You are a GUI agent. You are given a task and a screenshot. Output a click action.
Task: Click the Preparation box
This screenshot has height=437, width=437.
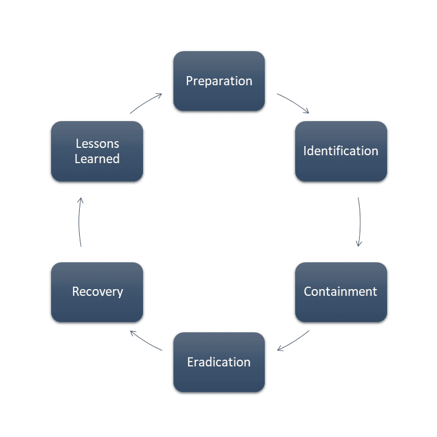point(219,81)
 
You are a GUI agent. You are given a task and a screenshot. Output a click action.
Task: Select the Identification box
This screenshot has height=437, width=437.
point(341,151)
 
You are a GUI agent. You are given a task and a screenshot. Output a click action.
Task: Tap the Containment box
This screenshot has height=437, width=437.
point(341,292)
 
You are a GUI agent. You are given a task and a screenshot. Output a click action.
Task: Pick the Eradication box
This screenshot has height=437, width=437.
point(219,362)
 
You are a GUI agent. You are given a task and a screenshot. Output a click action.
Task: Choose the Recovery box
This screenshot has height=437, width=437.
point(97,292)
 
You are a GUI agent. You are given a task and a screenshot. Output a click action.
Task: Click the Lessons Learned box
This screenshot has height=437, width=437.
point(97,151)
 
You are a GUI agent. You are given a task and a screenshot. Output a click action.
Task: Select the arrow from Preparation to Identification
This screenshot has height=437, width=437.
point(294,103)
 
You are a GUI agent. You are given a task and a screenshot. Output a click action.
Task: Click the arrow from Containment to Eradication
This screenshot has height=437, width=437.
point(293,341)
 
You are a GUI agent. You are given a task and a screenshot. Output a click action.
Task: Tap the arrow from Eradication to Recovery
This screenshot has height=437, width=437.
point(146,340)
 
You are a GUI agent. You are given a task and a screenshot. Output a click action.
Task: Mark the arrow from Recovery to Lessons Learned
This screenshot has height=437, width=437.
point(79,222)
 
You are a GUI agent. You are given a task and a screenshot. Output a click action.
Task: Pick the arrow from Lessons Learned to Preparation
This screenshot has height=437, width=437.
point(146,102)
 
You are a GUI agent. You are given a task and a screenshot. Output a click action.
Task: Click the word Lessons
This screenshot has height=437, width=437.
point(97,144)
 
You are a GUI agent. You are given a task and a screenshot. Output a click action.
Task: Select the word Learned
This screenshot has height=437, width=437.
point(97,159)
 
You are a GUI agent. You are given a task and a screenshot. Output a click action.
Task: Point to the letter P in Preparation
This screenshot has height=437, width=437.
point(189,81)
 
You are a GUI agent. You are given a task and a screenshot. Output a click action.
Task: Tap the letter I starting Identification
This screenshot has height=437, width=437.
point(305,151)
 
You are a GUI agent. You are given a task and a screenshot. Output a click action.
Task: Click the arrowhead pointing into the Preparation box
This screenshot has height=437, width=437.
point(159,95)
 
